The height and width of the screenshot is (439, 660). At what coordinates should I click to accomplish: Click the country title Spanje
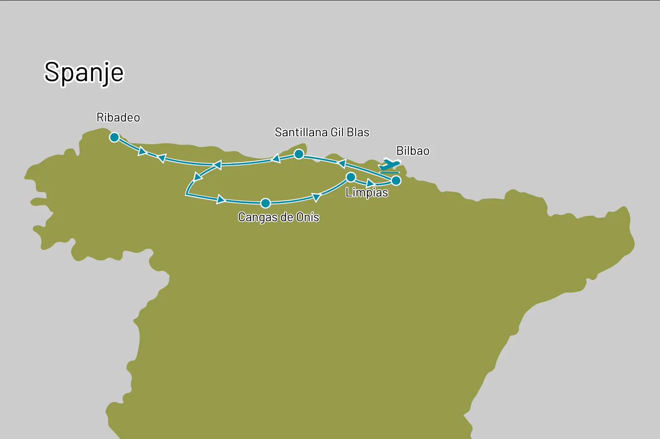tap(84, 72)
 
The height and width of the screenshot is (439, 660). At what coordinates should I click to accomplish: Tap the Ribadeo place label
tap(118, 118)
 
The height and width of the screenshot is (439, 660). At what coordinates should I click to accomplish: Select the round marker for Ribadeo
tap(114, 137)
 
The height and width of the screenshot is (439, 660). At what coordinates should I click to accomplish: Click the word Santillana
tap(301, 132)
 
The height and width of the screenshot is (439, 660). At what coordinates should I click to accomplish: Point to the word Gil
tap(337, 132)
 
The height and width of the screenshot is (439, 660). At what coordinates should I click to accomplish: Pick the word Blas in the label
tap(358, 132)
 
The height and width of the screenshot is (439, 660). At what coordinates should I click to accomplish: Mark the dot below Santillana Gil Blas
tap(299, 154)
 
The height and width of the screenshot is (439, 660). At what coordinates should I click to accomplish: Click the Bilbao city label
tap(412, 151)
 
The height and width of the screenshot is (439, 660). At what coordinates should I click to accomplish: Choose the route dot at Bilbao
tap(396, 180)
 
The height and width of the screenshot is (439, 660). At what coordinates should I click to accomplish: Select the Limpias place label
tap(367, 193)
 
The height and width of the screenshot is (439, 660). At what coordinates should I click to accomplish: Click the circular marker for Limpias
tap(351, 177)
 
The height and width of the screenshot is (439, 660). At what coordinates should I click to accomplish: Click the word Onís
tap(308, 217)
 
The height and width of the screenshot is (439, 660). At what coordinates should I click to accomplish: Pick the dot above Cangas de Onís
tap(266, 203)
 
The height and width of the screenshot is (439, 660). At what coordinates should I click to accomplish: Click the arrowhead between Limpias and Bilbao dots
tap(370, 183)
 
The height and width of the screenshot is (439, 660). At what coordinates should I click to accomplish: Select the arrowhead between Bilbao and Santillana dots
tap(342, 164)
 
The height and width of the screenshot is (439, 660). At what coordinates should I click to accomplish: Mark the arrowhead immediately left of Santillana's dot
tap(276, 159)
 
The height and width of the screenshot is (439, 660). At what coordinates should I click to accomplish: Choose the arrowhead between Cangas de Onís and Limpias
tap(316, 197)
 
